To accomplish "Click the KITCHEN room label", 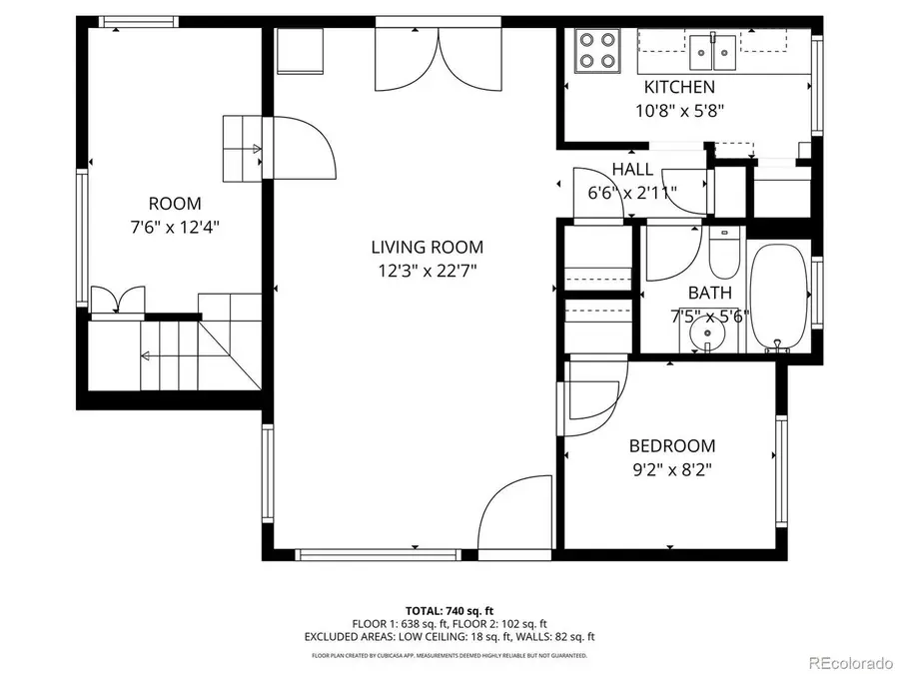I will point(679,88).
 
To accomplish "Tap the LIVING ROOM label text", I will point(427,247).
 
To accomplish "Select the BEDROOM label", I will point(671,446).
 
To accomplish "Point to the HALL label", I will point(632,170).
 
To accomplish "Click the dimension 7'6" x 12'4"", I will point(175,227).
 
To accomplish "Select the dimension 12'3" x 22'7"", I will point(427,271).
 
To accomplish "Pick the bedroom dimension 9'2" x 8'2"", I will point(671,468).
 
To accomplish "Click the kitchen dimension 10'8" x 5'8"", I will point(679,110).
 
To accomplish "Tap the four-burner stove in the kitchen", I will point(596,50).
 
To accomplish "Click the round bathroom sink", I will point(708,335).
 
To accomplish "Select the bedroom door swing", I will point(594,391).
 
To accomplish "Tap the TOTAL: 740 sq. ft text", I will point(449,610).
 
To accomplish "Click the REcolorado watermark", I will point(850,661).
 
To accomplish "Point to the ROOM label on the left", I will point(175,204).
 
